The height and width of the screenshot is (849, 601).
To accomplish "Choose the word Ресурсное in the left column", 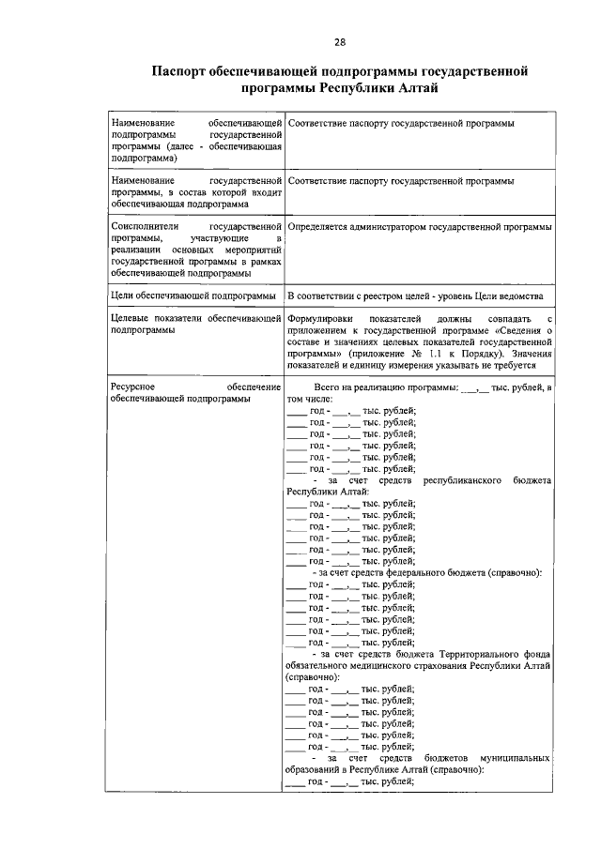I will coord(133,387).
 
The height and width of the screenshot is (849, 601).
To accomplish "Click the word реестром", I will coord(388,296).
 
